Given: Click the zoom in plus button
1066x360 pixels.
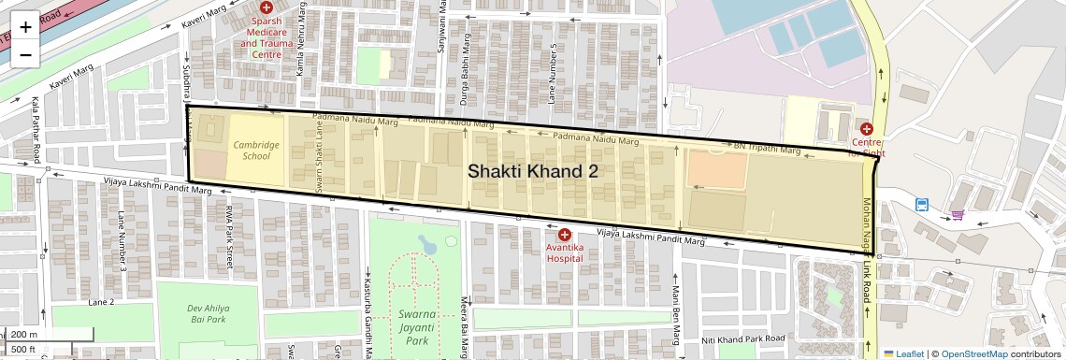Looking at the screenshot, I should click(x=25, y=26).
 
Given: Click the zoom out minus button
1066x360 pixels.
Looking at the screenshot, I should click(x=25, y=54).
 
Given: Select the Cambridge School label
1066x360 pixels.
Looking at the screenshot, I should click(x=256, y=151).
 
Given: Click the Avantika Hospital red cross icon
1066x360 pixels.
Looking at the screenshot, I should click(x=565, y=235).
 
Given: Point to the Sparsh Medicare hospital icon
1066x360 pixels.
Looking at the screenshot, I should click(x=266, y=7).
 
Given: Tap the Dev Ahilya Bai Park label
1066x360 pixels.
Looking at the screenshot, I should click(x=207, y=313).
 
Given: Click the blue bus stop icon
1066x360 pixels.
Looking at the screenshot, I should click(x=923, y=204).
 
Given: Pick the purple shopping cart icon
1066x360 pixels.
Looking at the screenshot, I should click(x=958, y=215).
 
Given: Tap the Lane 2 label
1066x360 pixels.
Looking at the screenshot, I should click(x=101, y=302).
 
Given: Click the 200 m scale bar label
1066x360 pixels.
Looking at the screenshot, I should click(x=26, y=335).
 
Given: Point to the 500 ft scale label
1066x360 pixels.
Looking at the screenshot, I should click(x=24, y=349).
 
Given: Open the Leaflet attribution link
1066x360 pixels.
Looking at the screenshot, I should click(x=904, y=353).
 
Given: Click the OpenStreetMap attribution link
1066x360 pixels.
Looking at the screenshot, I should click(x=974, y=353).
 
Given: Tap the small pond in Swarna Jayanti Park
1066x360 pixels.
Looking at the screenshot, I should click(x=427, y=246).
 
